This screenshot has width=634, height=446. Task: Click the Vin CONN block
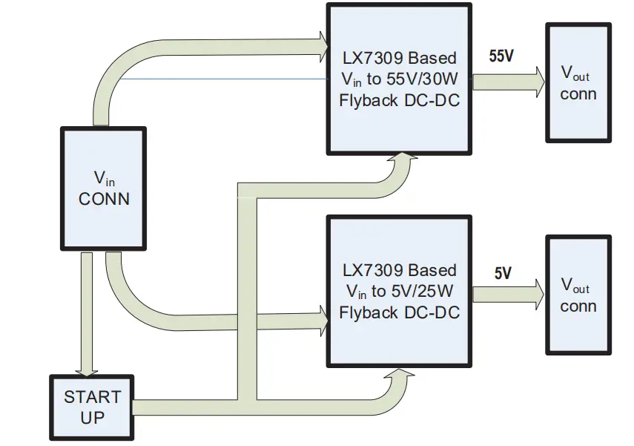point(103,188)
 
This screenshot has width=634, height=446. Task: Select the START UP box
point(92,407)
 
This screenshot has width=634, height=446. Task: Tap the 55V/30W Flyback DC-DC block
point(399,79)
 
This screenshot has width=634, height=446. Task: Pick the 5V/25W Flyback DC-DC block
point(399,291)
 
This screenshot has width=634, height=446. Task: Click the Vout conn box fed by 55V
point(578,84)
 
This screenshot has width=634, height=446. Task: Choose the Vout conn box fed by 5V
point(578,295)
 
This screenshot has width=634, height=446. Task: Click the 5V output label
point(502,273)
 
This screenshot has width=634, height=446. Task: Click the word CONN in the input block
point(104,199)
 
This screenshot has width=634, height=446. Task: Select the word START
point(92,397)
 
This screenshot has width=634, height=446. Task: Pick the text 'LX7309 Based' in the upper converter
point(399,58)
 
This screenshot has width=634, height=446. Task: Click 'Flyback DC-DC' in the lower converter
point(399,312)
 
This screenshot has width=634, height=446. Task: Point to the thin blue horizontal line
point(222,78)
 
